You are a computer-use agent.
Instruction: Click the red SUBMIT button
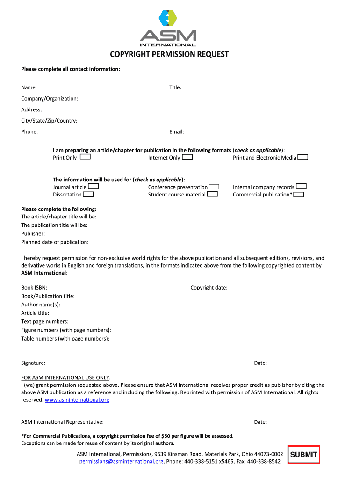click(x=303, y=454)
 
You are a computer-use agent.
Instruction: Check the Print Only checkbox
click(x=85, y=157)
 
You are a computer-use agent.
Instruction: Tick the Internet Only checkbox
click(x=187, y=157)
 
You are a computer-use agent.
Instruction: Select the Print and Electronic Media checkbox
click(x=302, y=157)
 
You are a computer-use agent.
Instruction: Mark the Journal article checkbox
click(x=93, y=187)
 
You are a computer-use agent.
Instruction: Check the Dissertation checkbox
click(x=88, y=194)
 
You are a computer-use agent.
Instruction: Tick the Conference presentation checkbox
click(x=214, y=187)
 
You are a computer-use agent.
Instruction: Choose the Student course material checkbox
click(x=212, y=194)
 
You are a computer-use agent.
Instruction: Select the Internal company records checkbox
click(x=301, y=187)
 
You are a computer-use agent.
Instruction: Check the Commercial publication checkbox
click(x=299, y=194)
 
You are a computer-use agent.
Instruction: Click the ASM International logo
click(x=168, y=28)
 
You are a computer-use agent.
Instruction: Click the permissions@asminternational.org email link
click(x=122, y=461)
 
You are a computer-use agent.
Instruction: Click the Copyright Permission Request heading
click(x=169, y=54)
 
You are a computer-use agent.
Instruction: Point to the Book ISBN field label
click(x=34, y=288)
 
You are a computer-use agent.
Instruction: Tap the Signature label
click(x=33, y=363)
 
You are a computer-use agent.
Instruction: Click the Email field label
click(x=177, y=132)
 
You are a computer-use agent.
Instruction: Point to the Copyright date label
click(x=209, y=288)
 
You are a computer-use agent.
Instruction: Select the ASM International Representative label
click(x=62, y=422)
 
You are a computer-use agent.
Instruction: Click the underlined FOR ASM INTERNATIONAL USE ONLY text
click(x=65, y=377)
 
